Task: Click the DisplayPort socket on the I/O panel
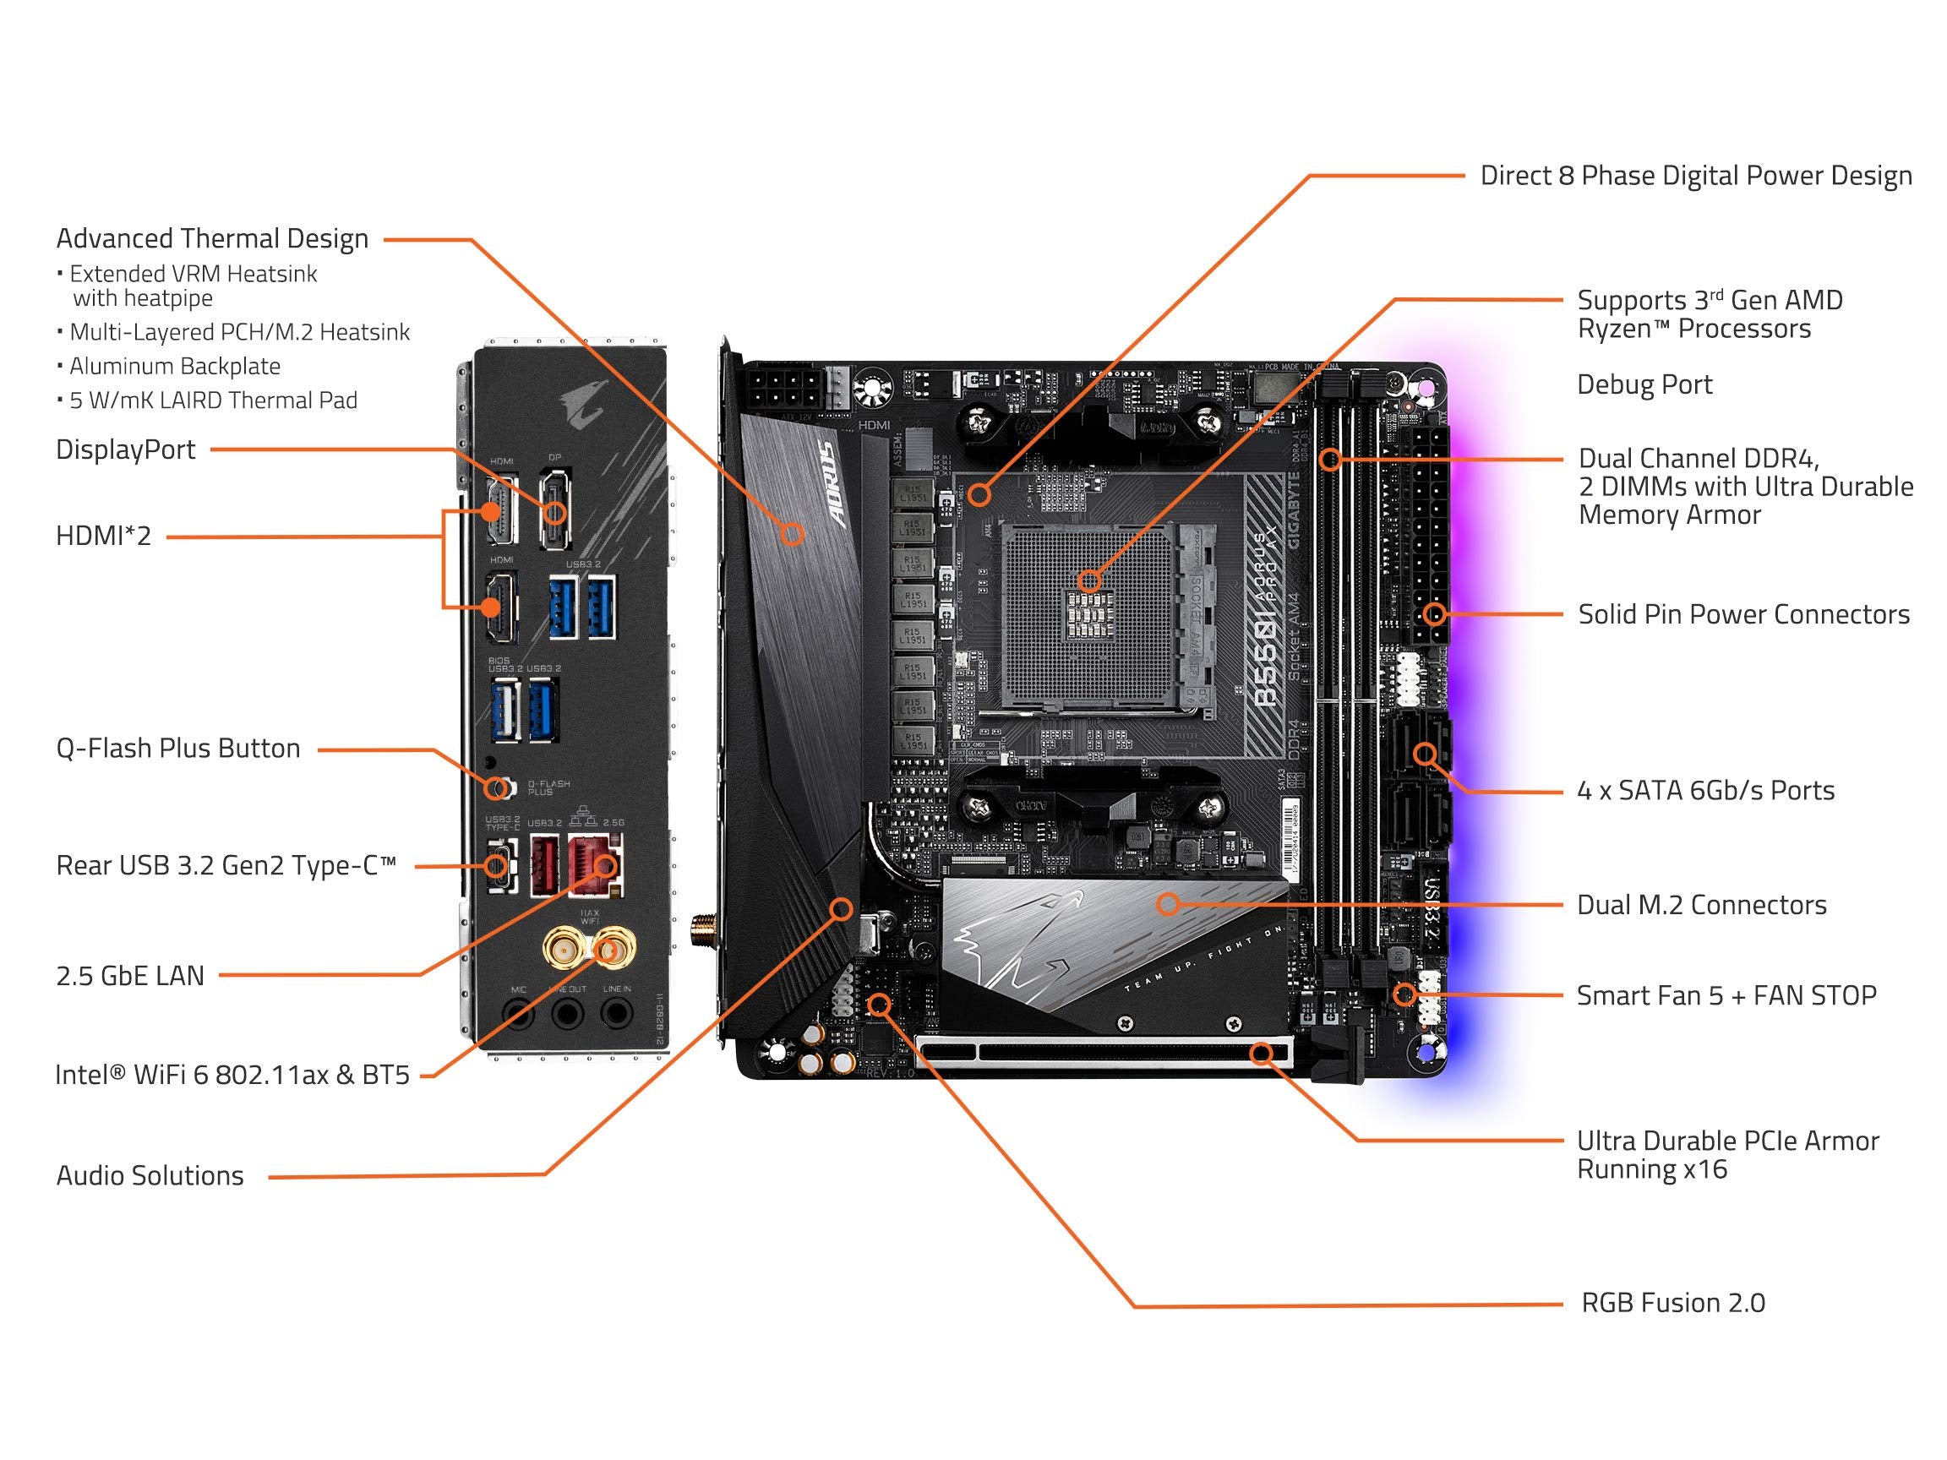[554, 498]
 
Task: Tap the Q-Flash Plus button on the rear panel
[499, 786]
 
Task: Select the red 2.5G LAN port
[594, 865]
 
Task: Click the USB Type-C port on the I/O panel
[499, 866]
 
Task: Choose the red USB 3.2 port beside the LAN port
[545, 866]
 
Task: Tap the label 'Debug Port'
[1644, 384]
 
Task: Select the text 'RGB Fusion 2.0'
[1672, 1303]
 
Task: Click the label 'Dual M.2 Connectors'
[1700, 905]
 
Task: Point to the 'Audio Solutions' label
[150, 1176]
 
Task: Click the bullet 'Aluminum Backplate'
[174, 366]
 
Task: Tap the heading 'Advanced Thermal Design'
[212, 238]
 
